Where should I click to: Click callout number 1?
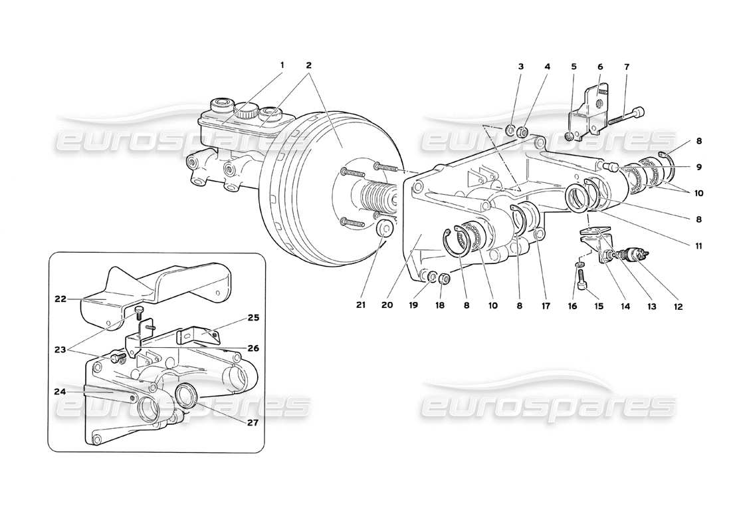click(x=282, y=65)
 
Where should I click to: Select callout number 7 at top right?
click(x=627, y=66)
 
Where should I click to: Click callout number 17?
click(x=546, y=307)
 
